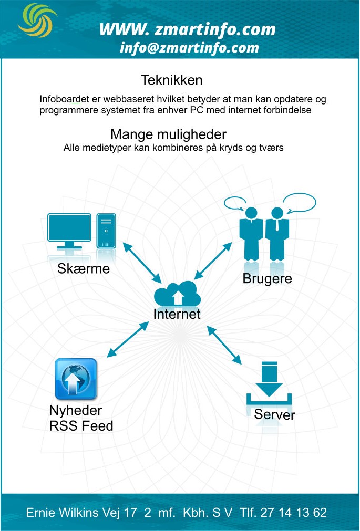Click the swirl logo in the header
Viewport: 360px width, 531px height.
pyautogui.click(x=37, y=20)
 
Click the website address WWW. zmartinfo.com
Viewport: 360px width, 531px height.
pyautogui.click(x=188, y=29)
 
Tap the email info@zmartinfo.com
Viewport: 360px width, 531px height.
pyautogui.click(x=189, y=48)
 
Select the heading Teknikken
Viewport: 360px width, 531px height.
pyautogui.click(x=171, y=80)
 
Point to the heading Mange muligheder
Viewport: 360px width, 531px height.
pyautogui.click(x=168, y=134)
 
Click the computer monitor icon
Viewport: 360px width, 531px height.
pyautogui.click(x=69, y=231)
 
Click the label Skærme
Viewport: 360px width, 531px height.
pyautogui.click(x=84, y=269)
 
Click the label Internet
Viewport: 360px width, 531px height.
pyautogui.click(x=177, y=314)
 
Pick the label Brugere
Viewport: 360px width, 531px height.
pyautogui.click(x=267, y=278)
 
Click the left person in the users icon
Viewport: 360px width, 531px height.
pyautogui.click(x=250, y=234)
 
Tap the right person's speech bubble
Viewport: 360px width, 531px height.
pyautogui.click(x=299, y=202)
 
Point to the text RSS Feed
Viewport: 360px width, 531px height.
pyautogui.click(x=81, y=425)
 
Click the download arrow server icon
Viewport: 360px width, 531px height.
pyautogui.click(x=270, y=383)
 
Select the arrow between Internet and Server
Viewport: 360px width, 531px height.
pyautogui.click(x=224, y=346)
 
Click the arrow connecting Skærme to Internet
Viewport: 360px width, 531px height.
pyautogui.click(x=142, y=263)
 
